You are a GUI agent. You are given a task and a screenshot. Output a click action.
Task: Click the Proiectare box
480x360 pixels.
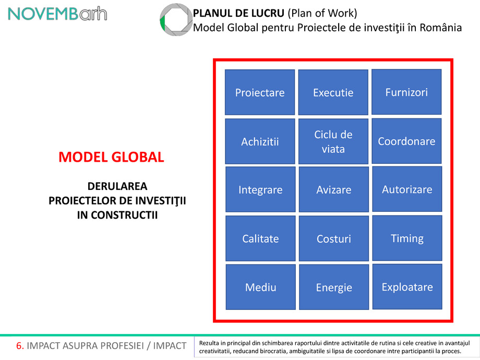260,92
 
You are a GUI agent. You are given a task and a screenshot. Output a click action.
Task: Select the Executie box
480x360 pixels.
333,92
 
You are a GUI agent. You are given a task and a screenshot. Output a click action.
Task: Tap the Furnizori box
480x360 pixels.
406,92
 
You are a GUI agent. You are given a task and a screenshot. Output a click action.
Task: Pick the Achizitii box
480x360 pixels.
260,141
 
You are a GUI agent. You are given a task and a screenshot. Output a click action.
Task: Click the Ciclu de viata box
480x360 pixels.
333,141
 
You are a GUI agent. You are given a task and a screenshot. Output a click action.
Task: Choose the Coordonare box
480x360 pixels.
406,141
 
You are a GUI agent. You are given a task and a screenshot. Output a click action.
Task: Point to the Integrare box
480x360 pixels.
260,190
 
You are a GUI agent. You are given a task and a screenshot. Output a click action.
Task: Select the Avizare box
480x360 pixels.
333,190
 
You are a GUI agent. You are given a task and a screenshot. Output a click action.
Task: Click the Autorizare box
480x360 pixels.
406,189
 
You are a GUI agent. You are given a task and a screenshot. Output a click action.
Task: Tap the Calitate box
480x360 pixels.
260,238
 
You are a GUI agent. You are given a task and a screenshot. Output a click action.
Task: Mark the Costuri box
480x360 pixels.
333,238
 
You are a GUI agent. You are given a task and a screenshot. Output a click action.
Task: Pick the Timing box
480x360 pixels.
406,238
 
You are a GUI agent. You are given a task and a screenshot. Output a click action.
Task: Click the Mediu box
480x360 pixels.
260,287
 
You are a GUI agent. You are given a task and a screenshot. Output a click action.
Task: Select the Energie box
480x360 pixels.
333,287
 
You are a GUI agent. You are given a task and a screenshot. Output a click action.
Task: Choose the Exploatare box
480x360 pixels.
406,287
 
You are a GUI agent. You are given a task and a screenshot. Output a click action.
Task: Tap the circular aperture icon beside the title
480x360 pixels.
175,20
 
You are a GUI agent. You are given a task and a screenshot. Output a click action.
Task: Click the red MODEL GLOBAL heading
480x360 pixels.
111,157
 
